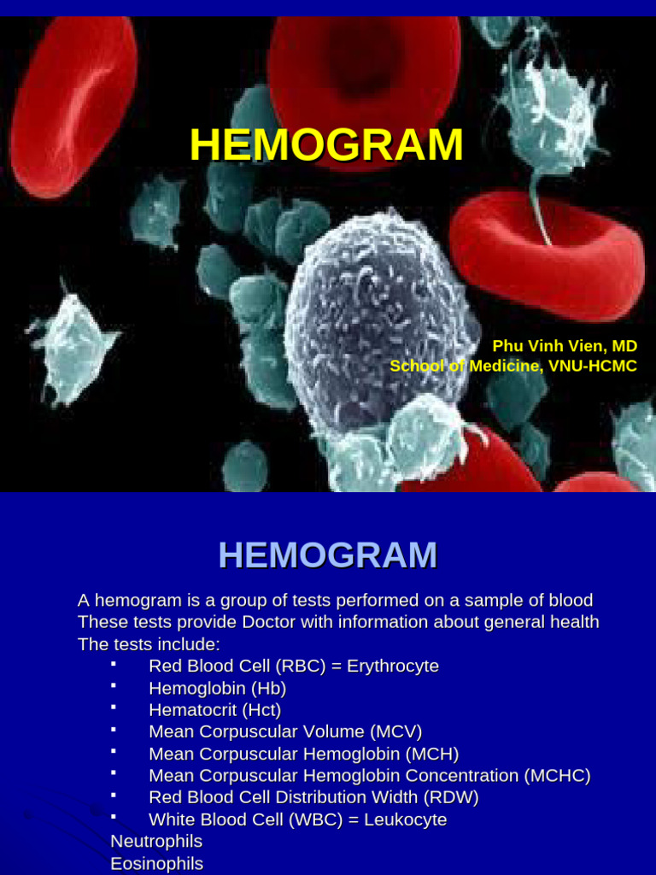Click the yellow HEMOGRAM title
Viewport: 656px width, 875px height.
326,144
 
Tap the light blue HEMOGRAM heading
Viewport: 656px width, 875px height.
327,555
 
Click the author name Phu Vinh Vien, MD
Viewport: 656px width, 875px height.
565,346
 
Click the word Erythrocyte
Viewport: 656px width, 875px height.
393,666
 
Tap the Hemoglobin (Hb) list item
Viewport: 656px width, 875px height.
217,688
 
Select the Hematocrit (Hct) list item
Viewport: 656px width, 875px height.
214,710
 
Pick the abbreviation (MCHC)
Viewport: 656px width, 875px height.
558,776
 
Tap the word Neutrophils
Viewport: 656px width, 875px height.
156,842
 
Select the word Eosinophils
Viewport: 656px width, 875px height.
156,864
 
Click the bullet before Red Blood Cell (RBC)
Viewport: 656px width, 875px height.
114,664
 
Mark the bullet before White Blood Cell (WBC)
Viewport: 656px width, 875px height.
114,818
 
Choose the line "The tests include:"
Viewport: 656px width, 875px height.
149,643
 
